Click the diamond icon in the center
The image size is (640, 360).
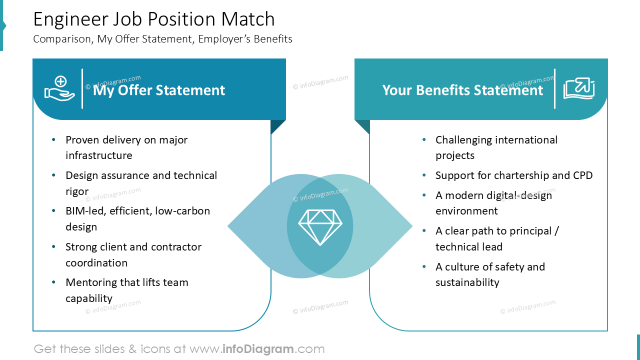click(320, 227)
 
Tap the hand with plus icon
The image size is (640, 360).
click(59, 88)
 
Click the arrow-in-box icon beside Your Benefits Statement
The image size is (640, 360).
click(579, 88)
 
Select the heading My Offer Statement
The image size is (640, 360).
click(159, 90)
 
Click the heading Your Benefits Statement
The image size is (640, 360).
click(462, 90)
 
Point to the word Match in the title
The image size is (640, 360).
click(248, 19)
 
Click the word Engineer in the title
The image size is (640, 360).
click(70, 20)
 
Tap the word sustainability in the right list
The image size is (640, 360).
click(467, 282)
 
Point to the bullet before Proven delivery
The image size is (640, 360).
click(53, 139)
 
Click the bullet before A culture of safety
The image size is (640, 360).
click(424, 266)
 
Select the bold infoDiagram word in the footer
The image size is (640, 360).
click(257, 349)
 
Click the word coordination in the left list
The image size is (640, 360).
click(96, 263)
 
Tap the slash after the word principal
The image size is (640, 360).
click(556, 231)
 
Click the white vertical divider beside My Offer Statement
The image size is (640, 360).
click(82, 88)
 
